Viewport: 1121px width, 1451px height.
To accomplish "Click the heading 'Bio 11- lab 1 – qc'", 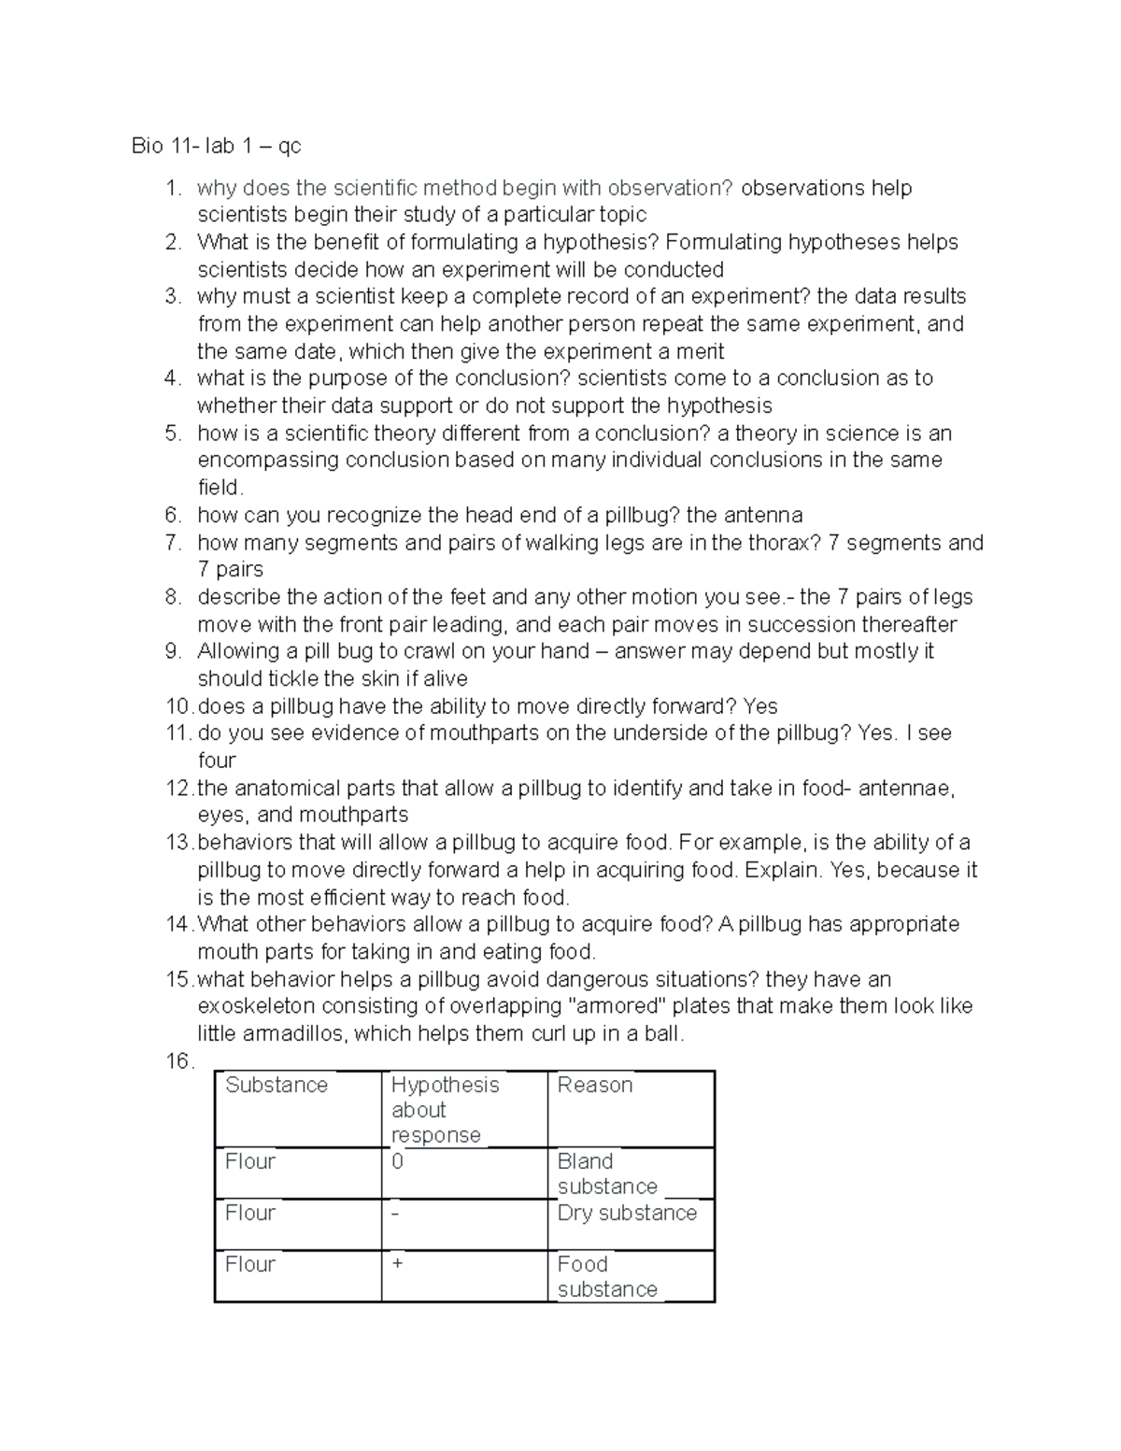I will click(216, 146).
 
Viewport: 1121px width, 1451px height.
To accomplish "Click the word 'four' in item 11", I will click(216, 761).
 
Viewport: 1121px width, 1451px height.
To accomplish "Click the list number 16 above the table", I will click(178, 1061).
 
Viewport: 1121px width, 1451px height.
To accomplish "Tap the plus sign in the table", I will click(398, 1264).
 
